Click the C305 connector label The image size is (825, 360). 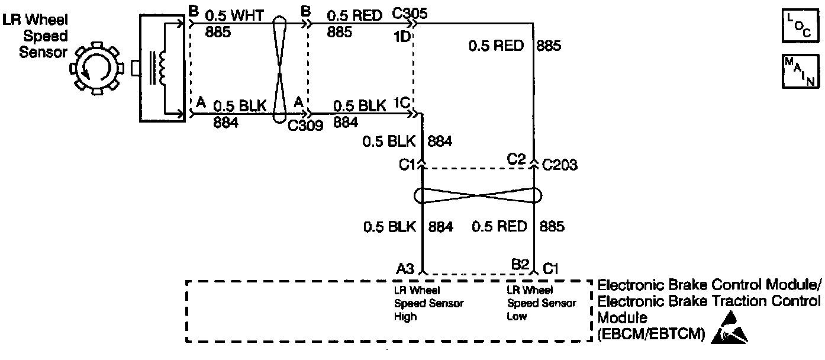point(410,13)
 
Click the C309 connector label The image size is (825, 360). point(305,125)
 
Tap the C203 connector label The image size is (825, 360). point(560,165)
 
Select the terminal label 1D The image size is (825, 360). point(401,36)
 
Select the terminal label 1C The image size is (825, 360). point(402,101)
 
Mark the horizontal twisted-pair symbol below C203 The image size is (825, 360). point(479,195)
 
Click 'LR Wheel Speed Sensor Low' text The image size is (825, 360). point(541,303)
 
